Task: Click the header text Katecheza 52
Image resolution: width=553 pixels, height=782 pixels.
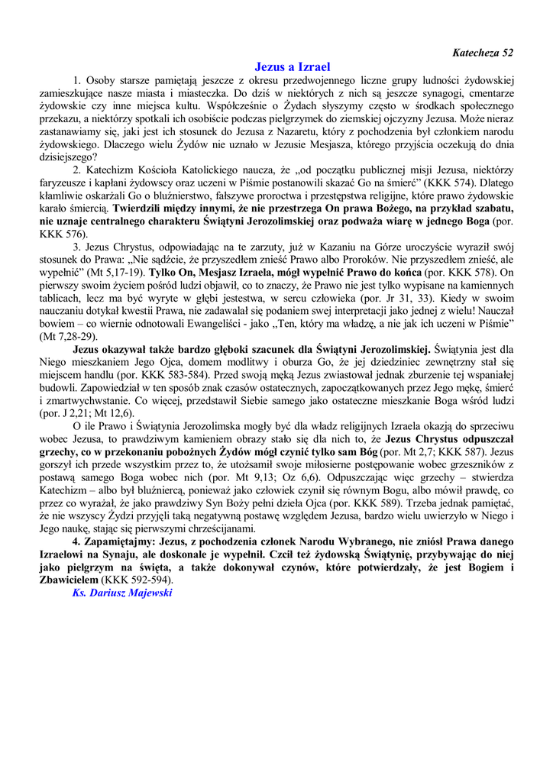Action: (x=483, y=53)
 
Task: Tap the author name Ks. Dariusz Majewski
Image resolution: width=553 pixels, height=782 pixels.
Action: (x=121, y=593)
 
